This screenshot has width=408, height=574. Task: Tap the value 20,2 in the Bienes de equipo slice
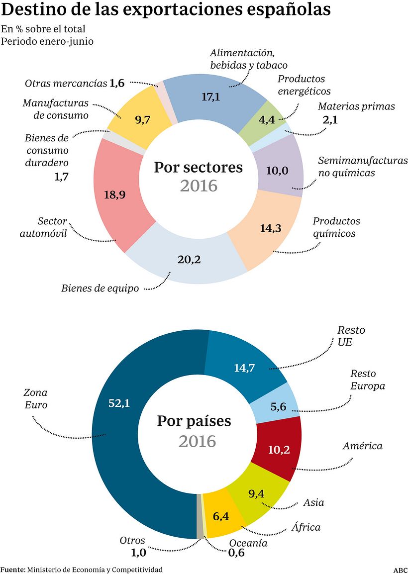pyautogui.click(x=189, y=259)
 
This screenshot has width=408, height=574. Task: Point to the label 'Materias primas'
pyautogui.click(x=356, y=106)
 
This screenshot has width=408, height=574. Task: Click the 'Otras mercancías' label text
pyautogui.click(x=66, y=83)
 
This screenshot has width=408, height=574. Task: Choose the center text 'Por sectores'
pyautogui.click(x=198, y=167)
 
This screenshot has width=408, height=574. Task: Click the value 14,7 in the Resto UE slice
pyautogui.click(x=245, y=368)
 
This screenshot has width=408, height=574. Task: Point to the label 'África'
pyautogui.click(x=306, y=527)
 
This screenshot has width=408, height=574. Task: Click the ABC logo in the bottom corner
pyautogui.click(x=400, y=570)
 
